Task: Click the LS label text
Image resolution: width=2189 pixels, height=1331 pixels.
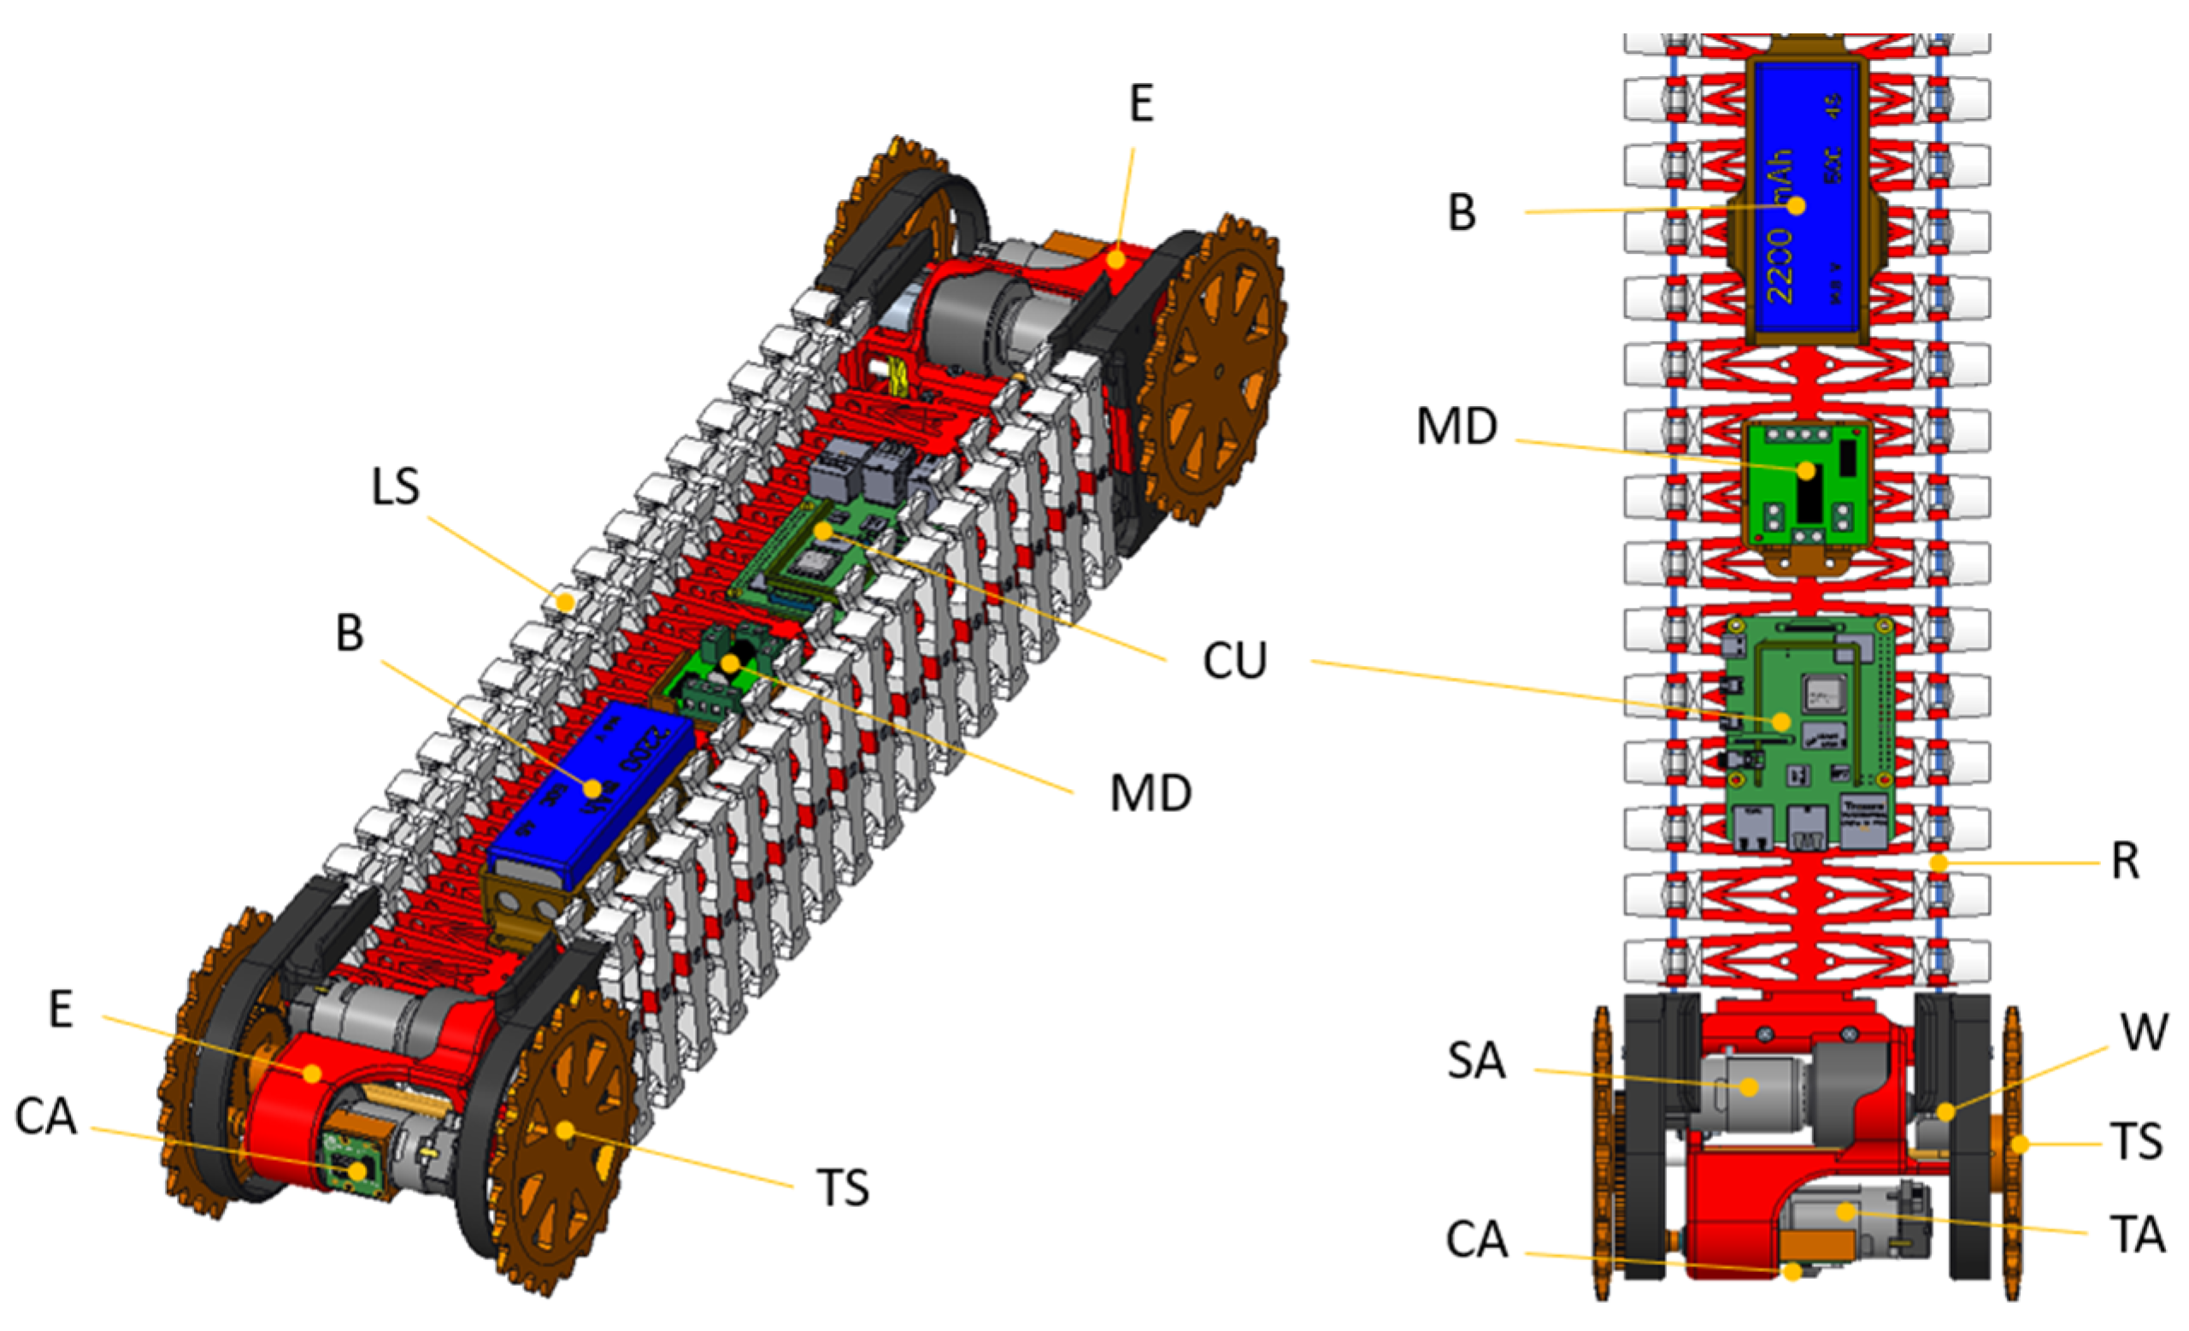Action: (396, 487)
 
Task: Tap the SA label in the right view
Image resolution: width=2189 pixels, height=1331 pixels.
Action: (1476, 1060)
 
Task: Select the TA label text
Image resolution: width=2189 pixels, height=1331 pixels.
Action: (2137, 1234)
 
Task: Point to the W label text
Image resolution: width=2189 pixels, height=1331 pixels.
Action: (2144, 1033)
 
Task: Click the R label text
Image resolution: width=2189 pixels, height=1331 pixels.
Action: (2125, 861)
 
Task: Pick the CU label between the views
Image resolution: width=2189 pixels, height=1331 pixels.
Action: (1234, 661)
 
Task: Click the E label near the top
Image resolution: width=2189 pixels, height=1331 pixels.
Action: (1142, 104)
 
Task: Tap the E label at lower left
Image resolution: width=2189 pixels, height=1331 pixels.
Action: (61, 1010)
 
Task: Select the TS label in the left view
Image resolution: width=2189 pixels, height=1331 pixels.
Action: (842, 1188)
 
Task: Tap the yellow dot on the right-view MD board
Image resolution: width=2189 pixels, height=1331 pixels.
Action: (1806, 470)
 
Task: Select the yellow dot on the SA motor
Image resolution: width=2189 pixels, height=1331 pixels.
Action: (1748, 1087)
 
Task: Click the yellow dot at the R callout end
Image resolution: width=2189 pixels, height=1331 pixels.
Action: (1939, 863)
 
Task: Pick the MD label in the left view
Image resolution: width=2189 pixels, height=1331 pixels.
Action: (1150, 793)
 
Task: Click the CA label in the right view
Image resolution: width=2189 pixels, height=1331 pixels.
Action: (1476, 1240)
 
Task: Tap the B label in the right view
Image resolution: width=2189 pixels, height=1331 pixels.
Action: (1462, 213)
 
